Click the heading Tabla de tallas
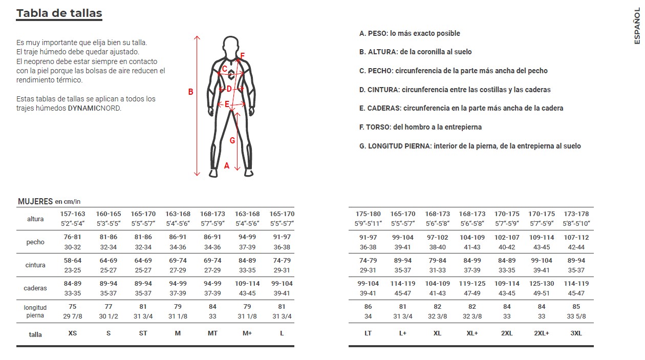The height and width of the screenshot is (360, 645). click(59, 13)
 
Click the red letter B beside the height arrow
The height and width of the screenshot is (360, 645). click(190, 92)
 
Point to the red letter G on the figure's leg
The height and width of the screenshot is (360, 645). click(232, 140)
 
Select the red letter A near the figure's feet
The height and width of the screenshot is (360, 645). click(227, 165)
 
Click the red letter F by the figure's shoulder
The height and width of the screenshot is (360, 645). click(243, 56)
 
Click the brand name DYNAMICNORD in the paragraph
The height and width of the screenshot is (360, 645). click(94, 108)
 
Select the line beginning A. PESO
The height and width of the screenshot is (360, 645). click(410, 33)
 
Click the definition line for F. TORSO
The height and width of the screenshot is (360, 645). click(420, 127)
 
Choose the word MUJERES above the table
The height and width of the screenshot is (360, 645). click(35, 201)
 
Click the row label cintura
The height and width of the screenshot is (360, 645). click(35, 265)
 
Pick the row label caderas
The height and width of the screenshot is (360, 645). click(35, 288)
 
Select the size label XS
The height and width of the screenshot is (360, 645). click(73, 333)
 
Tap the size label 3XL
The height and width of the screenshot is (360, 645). click(576, 333)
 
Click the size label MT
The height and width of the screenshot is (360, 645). click(212, 333)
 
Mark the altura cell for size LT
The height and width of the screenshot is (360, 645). click(368, 219)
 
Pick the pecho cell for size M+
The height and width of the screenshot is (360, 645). click(247, 242)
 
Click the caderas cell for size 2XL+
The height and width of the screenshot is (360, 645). click(542, 288)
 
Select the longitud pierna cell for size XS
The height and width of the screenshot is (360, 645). click(73, 311)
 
